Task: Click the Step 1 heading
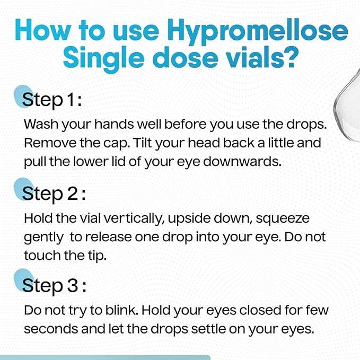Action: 52,100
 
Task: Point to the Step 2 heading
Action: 54,194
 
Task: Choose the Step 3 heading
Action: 54,286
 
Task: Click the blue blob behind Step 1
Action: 23,96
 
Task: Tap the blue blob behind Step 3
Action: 23,280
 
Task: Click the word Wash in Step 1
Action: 41,124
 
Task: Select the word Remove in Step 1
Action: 50,143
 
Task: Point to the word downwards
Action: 242,161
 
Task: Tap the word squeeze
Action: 283,219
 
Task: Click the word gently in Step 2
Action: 43,238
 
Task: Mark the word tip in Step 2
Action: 98,256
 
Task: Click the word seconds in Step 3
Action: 51,329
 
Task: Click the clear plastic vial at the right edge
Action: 347,106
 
